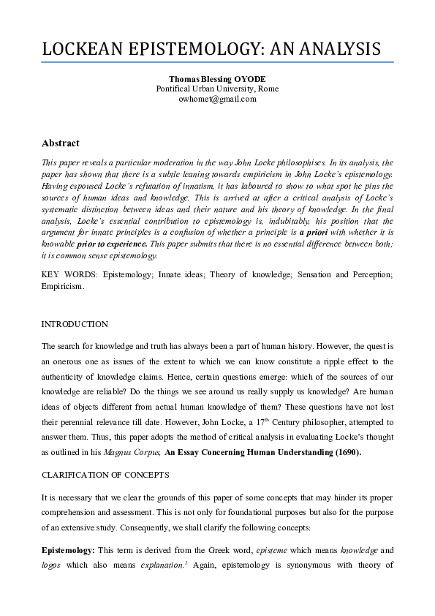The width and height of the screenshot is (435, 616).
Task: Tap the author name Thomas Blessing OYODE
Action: pos(217,78)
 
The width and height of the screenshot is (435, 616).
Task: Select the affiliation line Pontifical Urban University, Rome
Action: pos(217,89)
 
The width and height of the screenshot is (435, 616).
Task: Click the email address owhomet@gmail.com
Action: pos(217,99)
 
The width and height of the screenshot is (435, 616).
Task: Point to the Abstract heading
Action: pos(61,143)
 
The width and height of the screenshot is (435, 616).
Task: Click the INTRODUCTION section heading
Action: pos(75,324)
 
